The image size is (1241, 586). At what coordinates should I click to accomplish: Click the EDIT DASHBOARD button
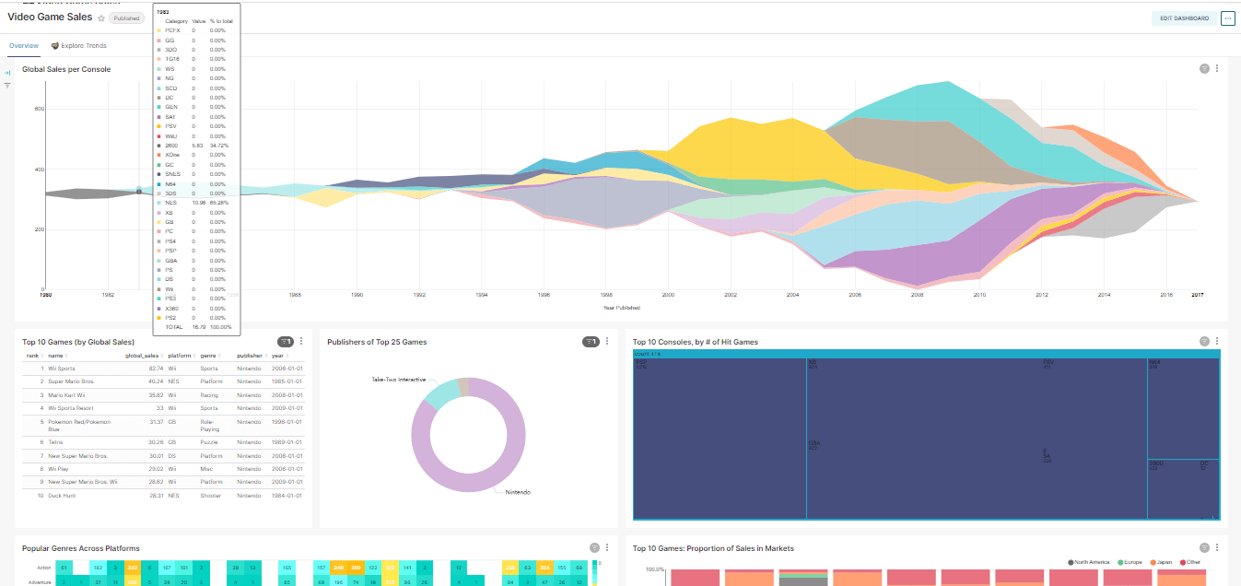pyautogui.click(x=1184, y=18)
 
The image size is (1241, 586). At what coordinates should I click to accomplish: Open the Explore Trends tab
pyautogui.click(x=83, y=45)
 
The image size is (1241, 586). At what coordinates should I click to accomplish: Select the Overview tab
pyautogui.click(x=23, y=45)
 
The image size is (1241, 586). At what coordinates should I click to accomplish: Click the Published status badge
pyautogui.click(x=126, y=18)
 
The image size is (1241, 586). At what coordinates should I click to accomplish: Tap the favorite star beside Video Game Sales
pyautogui.click(x=101, y=18)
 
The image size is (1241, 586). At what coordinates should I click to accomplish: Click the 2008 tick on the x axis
pyautogui.click(x=917, y=295)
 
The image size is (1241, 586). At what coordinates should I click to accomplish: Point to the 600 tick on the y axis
pyautogui.click(x=40, y=110)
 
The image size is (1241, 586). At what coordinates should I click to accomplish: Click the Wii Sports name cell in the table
pyautogui.click(x=62, y=368)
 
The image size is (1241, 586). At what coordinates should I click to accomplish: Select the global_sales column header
pyautogui.click(x=142, y=356)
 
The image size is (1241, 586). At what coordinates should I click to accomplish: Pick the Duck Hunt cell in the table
pyautogui.click(x=63, y=496)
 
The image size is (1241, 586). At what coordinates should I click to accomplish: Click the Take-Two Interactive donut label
pyautogui.click(x=398, y=380)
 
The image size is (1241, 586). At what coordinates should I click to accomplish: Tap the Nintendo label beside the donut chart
pyautogui.click(x=518, y=492)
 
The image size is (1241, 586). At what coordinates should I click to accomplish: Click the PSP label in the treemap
pyautogui.click(x=640, y=362)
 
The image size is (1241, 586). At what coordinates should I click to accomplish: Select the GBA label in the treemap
pyautogui.click(x=814, y=443)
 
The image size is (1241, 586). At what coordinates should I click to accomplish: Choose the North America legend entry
pyautogui.click(x=1091, y=562)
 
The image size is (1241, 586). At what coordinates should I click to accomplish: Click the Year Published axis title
pyautogui.click(x=621, y=307)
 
